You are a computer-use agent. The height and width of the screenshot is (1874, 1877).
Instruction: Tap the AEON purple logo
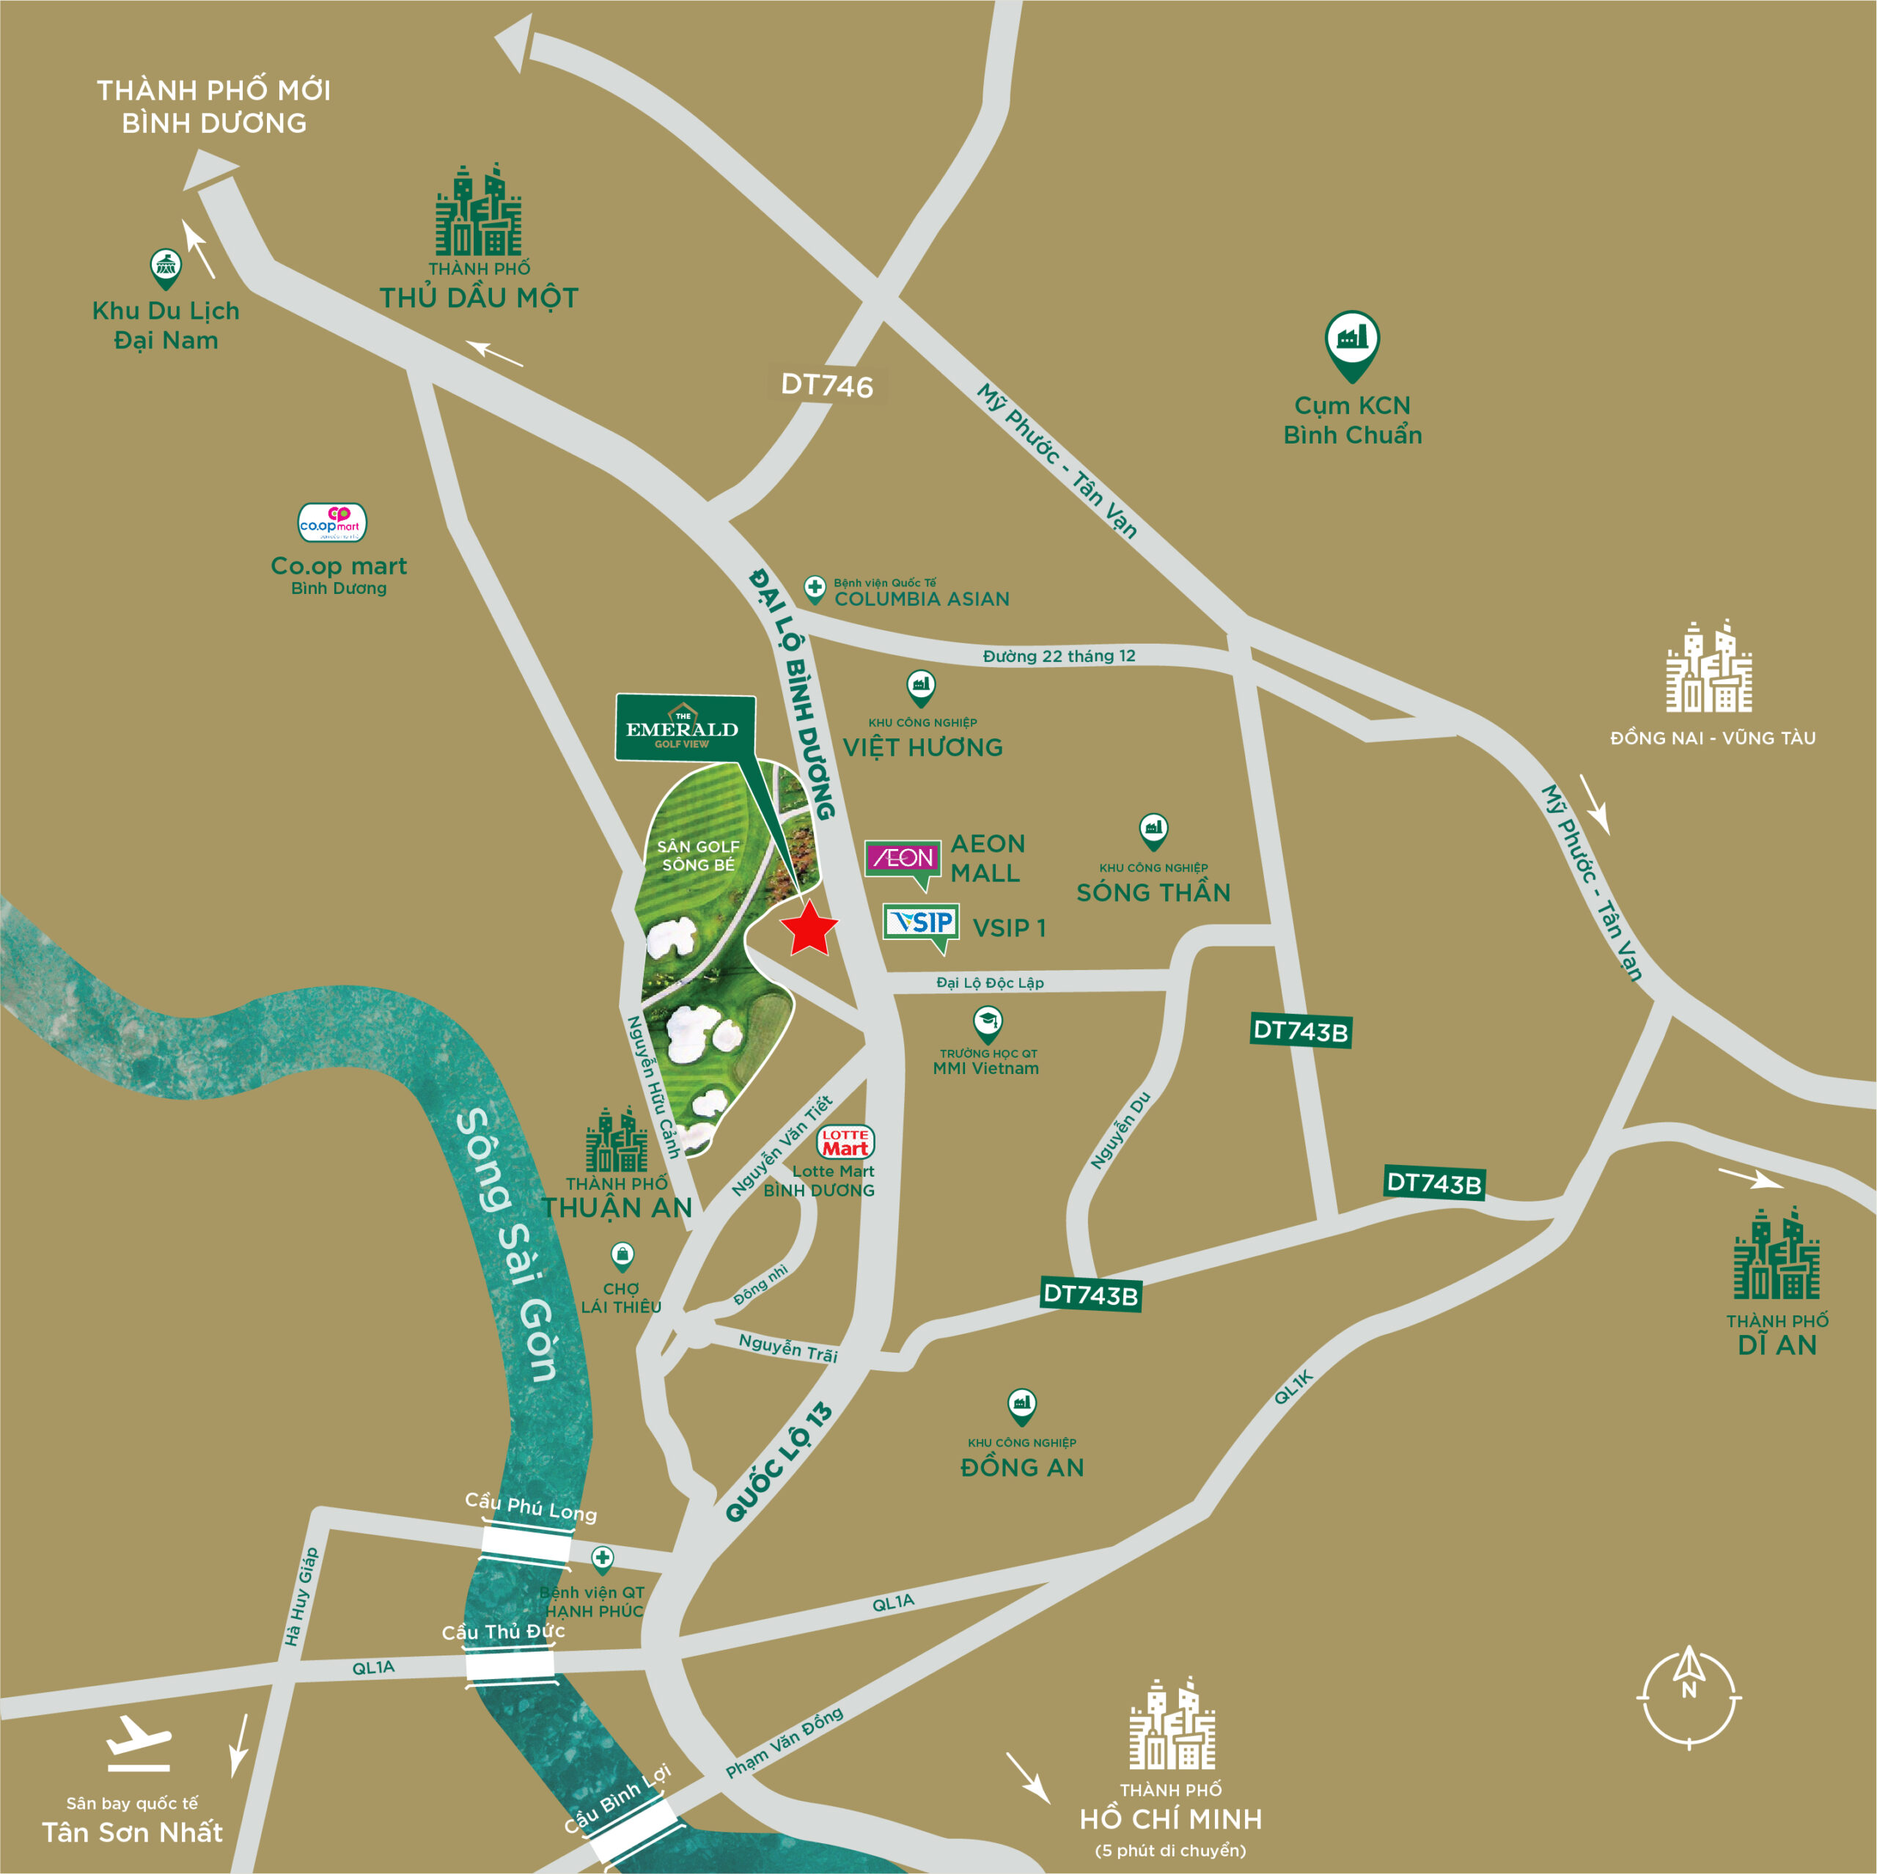(903, 858)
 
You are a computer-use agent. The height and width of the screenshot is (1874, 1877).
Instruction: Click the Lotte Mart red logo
(845, 1142)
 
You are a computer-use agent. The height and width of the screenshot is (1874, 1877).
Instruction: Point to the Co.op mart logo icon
(331, 523)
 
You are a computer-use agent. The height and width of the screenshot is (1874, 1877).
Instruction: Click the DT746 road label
(827, 386)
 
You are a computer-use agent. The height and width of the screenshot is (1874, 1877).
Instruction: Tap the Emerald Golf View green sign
(684, 727)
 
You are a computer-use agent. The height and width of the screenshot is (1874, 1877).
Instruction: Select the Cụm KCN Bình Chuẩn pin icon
(1351, 342)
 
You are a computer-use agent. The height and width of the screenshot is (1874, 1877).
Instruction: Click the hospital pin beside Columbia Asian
(814, 588)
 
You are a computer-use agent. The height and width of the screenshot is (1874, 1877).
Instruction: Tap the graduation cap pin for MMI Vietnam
(987, 1022)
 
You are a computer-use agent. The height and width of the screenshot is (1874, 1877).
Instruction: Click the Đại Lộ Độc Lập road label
(989, 982)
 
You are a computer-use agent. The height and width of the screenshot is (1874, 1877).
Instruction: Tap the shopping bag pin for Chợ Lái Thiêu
(622, 1255)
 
